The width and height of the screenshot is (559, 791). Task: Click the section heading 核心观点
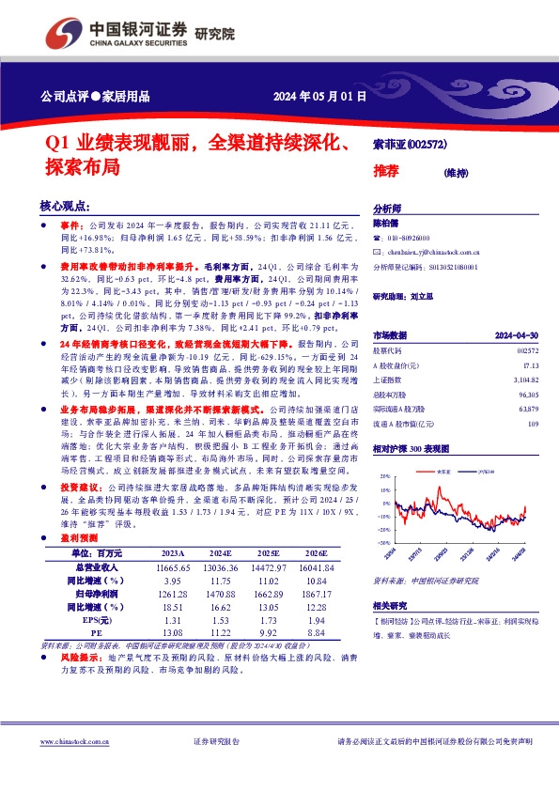point(65,206)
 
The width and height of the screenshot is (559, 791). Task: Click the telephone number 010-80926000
point(407,239)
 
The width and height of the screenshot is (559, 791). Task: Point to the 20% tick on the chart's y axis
point(384,477)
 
